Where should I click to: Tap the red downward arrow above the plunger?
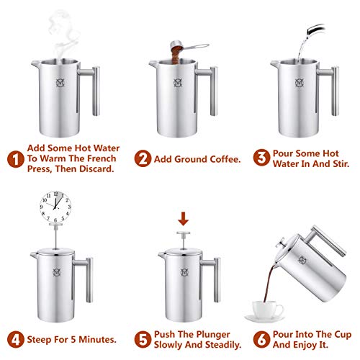184,216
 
